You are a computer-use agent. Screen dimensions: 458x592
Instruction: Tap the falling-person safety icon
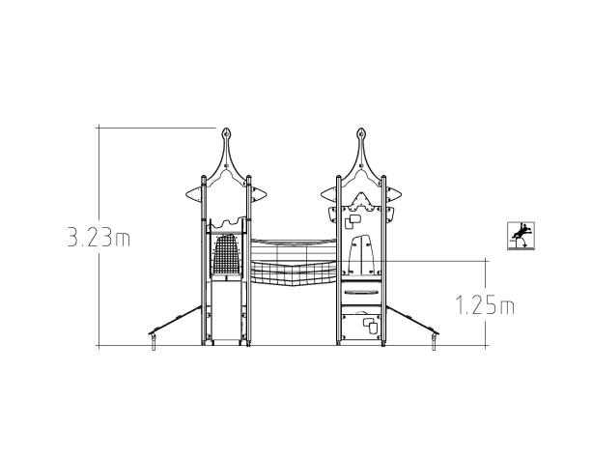tap(522, 235)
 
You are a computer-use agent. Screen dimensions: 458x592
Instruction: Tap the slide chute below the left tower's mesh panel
tap(225, 314)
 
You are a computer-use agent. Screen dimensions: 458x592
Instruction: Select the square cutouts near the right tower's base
tap(368, 323)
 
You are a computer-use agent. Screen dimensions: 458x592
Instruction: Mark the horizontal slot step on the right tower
tap(361, 292)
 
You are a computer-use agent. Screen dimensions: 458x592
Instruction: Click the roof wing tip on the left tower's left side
tap(190, 199)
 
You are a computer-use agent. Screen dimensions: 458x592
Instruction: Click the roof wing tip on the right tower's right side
tap(396, 199)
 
